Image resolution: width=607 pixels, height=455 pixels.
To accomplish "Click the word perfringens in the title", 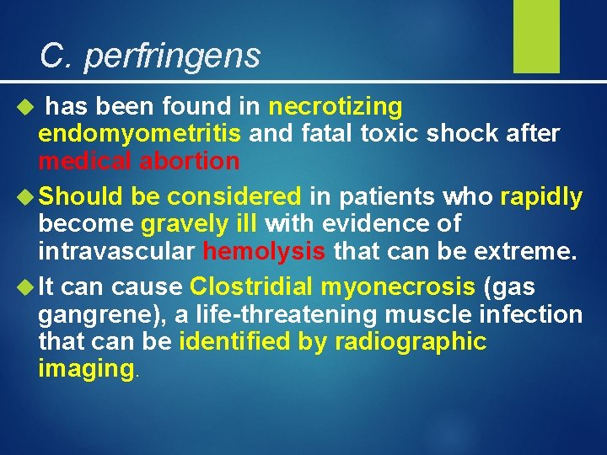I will (x=172, y=56).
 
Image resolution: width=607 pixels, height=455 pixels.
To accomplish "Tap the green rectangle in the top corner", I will (x=536, y=35).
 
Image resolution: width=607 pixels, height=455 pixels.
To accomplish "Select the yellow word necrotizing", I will (x=336, y=107).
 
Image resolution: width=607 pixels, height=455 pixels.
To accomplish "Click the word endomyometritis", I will (x=140, y=134).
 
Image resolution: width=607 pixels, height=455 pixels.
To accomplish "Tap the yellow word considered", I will (x=234, y=197).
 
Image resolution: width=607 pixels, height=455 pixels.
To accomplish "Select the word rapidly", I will (x=540, y=197).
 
